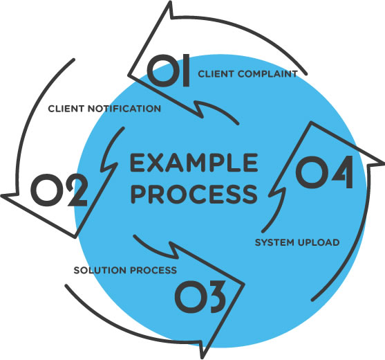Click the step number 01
click(169, 71)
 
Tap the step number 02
click(59, 190)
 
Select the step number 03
click(200, 297)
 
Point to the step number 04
click(324, 172)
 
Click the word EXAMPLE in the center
click(194, 162)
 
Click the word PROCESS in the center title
click(194, 195)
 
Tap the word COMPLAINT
click(267, 74)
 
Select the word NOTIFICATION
click(124, 109)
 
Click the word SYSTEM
click(274, 242)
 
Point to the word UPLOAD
click(319, 242)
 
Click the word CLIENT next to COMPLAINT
click(216, 74)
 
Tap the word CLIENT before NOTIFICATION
click(66, 109)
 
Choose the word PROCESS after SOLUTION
click(153, 270)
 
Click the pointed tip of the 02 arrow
click(2, 196)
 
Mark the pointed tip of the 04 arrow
click(383, 163)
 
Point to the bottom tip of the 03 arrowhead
click(202, 358)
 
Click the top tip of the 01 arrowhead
click(169, 3)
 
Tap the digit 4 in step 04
click(342, 172)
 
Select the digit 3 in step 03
click(214, 297)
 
